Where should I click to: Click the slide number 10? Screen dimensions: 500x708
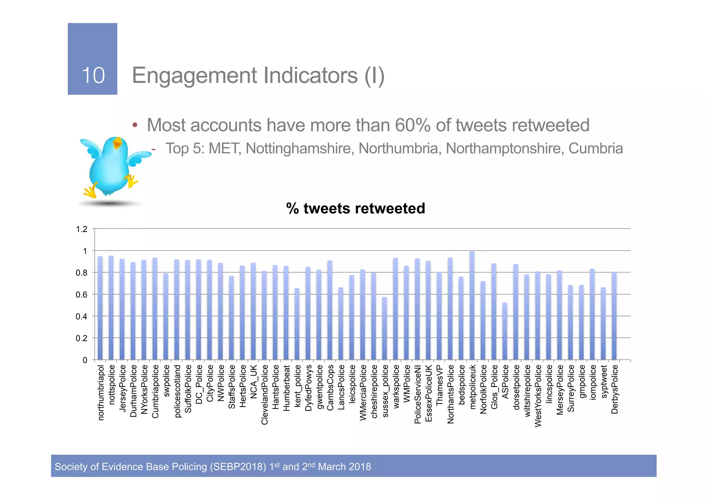(x=93, y=75)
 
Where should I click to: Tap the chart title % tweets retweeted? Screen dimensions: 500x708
(x=355, y=208)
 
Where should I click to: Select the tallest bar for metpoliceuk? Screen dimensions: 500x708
(x=472, y=306)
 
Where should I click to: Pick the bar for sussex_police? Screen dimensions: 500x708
(x=384, y=328)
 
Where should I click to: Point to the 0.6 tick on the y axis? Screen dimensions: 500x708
(x=82, y=295)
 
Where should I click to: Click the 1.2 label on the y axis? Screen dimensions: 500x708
(x=82, y=229)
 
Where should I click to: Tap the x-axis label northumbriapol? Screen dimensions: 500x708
(x=101, y=393)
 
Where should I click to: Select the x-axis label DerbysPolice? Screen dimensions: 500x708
(x=614, y=389)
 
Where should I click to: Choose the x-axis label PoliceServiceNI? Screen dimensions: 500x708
(x=417, y=394)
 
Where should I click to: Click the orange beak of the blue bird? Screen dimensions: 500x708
(x=117, y=143)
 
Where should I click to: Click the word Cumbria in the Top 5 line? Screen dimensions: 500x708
(x=595, y=149)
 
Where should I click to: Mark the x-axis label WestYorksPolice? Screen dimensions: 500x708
(x=538, y=396)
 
